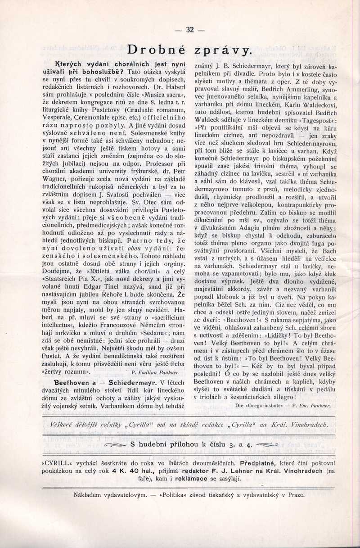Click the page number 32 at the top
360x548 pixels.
coord(189,30)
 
